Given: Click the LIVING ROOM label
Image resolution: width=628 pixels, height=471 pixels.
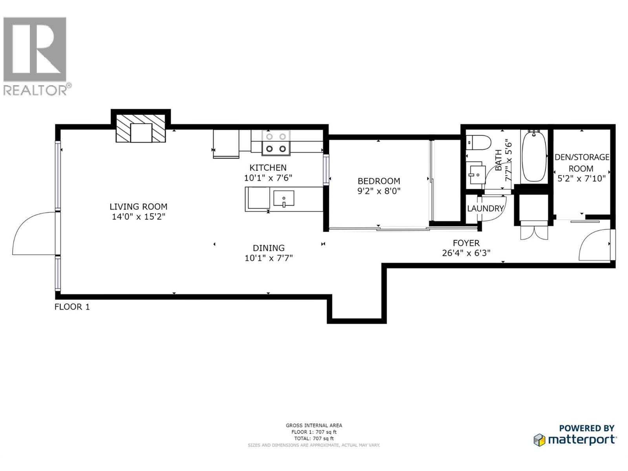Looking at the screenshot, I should [x=138, y=206].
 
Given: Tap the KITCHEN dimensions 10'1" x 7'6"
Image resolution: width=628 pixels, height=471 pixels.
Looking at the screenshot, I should [x=268, y=178].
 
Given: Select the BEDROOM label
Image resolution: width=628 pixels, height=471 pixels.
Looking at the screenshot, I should [x=379, y=181].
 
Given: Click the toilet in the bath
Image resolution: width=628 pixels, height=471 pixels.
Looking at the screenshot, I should [x=478, y=142].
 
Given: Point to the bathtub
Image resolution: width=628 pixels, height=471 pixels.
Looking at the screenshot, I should [x=534, y=157].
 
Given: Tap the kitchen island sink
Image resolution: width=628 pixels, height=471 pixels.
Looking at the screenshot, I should [x=284, y=198].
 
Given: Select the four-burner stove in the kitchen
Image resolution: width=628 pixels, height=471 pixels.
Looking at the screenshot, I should [x=276, y=142].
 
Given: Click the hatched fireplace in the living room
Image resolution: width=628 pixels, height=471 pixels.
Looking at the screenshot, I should [x=141, y=128].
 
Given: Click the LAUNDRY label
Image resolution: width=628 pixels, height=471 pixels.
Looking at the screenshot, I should [x=485, y=208].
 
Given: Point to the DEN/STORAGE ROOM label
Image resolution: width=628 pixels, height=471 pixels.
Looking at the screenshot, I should [x=581, y=162].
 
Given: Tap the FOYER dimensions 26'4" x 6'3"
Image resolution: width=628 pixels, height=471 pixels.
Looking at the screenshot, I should [x=466, y=253].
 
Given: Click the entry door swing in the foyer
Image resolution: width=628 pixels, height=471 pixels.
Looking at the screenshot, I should [x=594, y=244].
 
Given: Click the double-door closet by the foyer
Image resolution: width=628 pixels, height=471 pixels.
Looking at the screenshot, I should [x=533, y=229].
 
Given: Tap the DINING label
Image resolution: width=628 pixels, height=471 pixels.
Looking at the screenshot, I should [x=268, y=248].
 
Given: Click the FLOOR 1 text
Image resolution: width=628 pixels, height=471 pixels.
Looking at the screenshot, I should [x=72, y=307].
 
